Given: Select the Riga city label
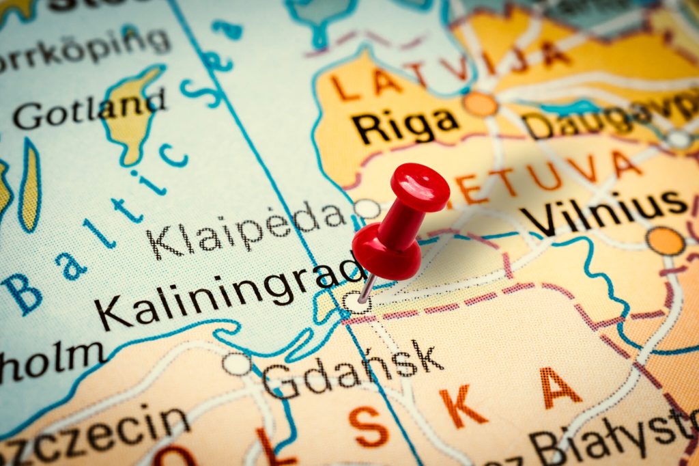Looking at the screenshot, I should pos(406,125).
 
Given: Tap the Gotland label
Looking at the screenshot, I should pos(89,109).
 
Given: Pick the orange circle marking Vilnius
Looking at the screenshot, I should pos(666,241).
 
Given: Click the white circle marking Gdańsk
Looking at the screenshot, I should pos(236,364).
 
